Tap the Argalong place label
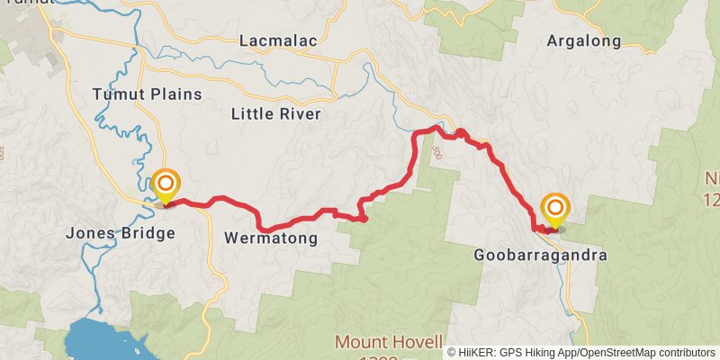point(584,40)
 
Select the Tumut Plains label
point(147,94)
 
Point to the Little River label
point(275,114)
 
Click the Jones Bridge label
point(121,234)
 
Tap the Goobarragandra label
point(540,256)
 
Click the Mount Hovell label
point(389,343)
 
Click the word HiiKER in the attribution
point(478,353)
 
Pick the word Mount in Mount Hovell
point(363,343)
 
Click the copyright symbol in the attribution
point(453,353)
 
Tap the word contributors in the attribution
point(684,353)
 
